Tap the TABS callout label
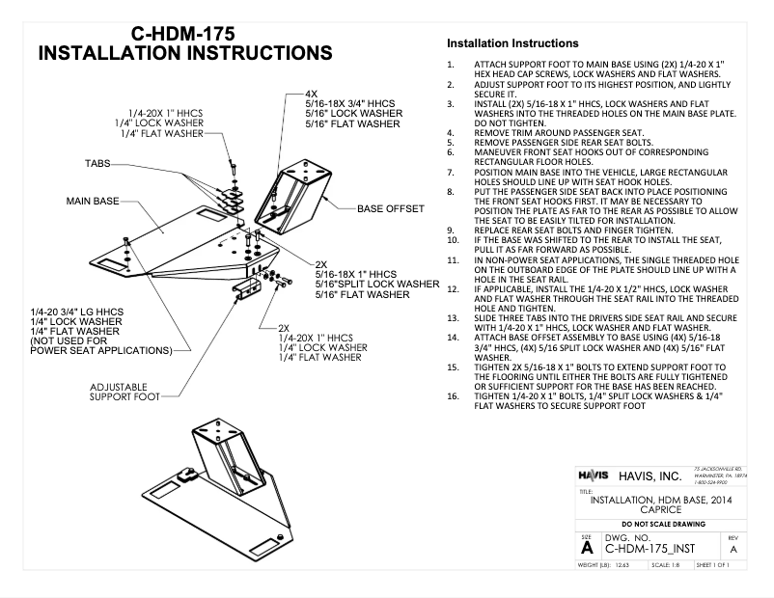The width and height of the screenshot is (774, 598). tap(98, 164)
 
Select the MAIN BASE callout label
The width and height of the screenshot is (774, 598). tap(93, 201)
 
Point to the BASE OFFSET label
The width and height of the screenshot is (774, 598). tap(391, 208)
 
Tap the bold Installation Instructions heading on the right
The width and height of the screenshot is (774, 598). tap(511, 43)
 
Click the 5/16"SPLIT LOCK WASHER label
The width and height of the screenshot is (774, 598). tap(377, 284)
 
